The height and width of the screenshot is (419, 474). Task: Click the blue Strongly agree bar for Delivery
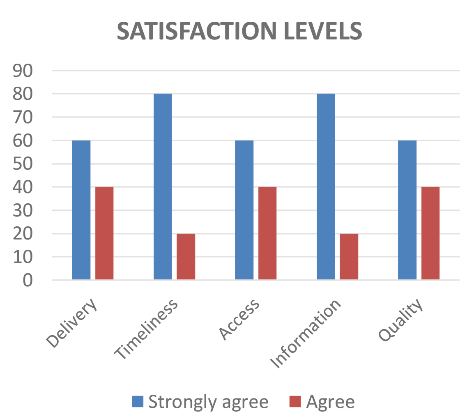point(81,210)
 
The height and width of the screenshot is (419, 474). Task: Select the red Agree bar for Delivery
point(104,233)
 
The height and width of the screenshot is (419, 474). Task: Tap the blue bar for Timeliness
point(163,187)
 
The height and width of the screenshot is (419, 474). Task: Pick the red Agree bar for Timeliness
point(186,257)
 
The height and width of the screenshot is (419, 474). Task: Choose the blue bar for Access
point(244,210)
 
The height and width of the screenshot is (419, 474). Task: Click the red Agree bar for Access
point(267,233)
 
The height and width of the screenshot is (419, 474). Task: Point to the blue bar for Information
point(326,187)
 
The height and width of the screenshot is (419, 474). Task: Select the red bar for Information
point(349,257)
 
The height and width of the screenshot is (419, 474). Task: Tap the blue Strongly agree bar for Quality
point(407,210)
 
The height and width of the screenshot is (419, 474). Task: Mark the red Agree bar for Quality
point(430,233)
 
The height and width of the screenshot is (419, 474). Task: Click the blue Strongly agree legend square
point(138,401)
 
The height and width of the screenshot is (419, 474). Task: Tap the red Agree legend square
point(295,401)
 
